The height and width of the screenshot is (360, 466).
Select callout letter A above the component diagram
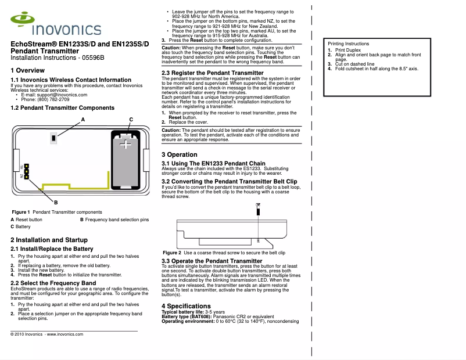(x=83, y=119)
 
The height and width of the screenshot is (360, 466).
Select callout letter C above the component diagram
(x=131, y=119)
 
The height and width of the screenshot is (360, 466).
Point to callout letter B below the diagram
(x=55, y=201)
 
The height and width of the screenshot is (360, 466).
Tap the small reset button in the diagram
(x=53, y=139)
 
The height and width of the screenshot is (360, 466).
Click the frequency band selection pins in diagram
(x=27, y=170)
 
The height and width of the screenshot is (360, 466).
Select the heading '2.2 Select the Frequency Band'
(x=53, y=283)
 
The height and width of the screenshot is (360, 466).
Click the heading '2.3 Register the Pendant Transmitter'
(x=212, y=73)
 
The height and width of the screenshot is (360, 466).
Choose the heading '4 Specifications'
(x=186, y=306)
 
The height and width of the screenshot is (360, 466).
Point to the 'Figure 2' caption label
(x=171, y=253)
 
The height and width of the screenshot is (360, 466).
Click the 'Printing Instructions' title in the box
(x=348, y=44)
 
